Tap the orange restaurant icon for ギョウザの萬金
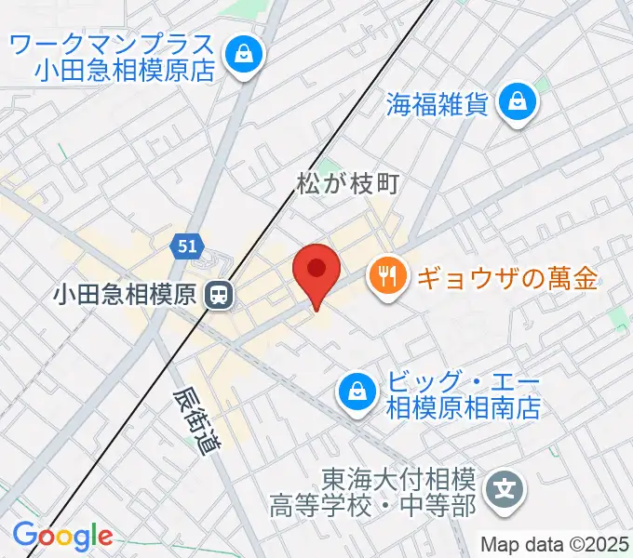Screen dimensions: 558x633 point(385,276)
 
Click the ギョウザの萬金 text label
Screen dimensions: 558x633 point(506,277)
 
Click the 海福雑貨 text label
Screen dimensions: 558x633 point(438,102)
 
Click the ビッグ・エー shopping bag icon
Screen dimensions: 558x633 point(357,392)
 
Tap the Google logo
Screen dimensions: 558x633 point(62,537)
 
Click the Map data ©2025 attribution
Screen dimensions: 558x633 point(556,544)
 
